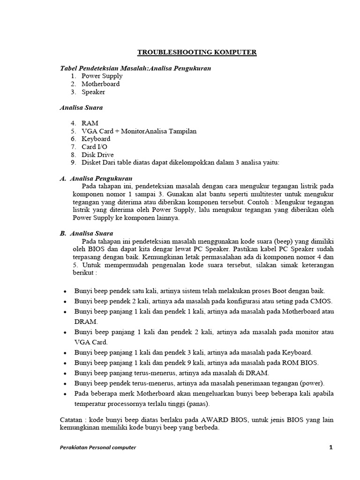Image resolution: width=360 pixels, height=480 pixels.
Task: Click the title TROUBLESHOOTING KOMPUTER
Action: [197, 52]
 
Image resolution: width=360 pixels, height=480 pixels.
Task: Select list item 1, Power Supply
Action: [102, 76]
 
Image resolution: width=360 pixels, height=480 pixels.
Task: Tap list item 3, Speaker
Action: [93, 92]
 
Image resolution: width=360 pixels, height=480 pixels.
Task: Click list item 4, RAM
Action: [90, 123]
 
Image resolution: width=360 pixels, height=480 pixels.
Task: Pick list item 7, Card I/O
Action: [94, 147]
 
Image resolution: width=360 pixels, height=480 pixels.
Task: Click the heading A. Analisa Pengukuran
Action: [96, 179]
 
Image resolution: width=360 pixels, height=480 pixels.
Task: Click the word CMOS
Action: [322, 301]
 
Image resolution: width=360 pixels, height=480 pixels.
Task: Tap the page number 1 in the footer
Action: [330, 448]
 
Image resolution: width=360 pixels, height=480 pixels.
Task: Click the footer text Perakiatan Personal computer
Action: [98, 448]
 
